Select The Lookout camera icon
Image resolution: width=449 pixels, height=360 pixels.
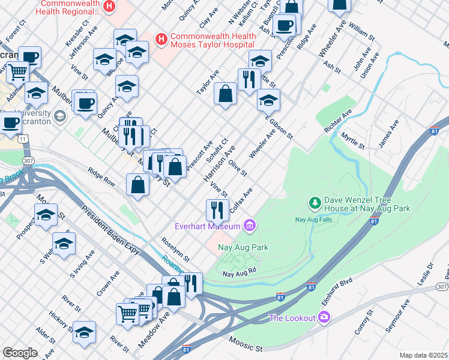click(324, 317)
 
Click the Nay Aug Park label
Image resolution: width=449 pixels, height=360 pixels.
click(243, 247)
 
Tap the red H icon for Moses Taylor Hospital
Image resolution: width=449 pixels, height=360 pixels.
click(160, 40)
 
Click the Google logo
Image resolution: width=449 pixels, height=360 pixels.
click(20, 353)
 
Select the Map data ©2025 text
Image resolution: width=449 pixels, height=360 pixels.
click(423, 355)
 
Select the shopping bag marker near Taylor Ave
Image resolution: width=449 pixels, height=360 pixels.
click(225, 94)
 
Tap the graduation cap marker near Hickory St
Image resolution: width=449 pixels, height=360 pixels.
click(84, 332)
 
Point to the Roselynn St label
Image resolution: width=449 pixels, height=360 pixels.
click(175, 250)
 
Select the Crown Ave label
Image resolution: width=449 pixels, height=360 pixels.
click(107, 283)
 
